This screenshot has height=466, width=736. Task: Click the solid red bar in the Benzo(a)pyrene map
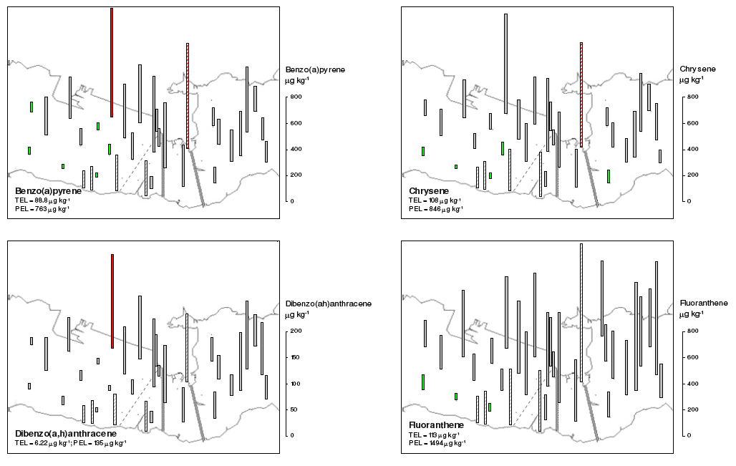click(x=112, y=62)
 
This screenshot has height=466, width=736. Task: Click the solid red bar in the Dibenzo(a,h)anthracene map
click(x=112, y=301)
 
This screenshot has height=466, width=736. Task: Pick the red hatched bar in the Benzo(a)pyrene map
click(x=188, y=96)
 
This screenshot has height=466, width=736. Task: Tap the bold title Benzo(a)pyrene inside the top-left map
click(x=48, y=191)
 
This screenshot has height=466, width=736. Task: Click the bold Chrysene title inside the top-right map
click(x=430, y=191)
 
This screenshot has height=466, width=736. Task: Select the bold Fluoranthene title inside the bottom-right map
click(x=437, y=425)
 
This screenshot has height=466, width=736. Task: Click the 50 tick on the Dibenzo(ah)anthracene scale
click(x=294, y=410)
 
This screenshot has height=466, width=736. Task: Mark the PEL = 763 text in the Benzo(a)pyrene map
click(x=42, y=209)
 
